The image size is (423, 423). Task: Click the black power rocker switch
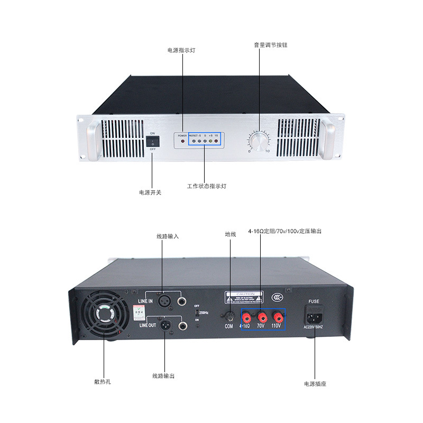tap(152, 141)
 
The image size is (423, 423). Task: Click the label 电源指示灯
tap(181, 50)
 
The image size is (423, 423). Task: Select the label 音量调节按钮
tap(270, 45)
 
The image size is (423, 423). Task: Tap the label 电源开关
tap(150, 192)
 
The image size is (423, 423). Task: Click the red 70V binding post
tap(261, 317)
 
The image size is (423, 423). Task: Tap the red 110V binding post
tap(277, 317)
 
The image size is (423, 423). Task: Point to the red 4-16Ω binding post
tap(246, 317)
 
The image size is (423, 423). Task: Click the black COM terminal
tap(229, 317)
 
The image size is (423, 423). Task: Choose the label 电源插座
tap(315, 384)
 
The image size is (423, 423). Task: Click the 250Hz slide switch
tap(197, 312)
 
